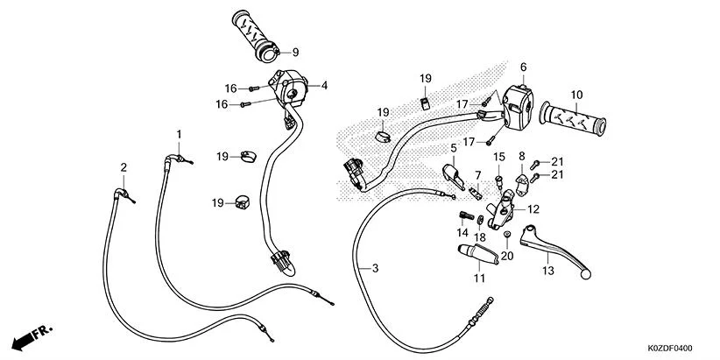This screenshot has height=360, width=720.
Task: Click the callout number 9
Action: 295,52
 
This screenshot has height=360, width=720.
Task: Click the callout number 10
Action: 576,95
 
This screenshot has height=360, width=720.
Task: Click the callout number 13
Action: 548,271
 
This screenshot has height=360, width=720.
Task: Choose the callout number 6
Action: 523,67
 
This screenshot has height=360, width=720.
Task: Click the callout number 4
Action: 324,85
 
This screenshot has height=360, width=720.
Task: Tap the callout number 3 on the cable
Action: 375,268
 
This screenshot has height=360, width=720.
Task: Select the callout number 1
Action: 179,134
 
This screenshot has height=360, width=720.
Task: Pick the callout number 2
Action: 124,167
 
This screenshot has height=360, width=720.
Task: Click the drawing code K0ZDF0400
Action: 675,348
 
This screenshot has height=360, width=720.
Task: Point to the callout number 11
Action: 479,279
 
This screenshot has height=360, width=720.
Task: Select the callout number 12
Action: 533,209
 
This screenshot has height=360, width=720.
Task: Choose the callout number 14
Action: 462,234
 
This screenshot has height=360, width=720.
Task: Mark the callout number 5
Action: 455,148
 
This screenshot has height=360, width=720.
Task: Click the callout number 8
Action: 522,158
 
